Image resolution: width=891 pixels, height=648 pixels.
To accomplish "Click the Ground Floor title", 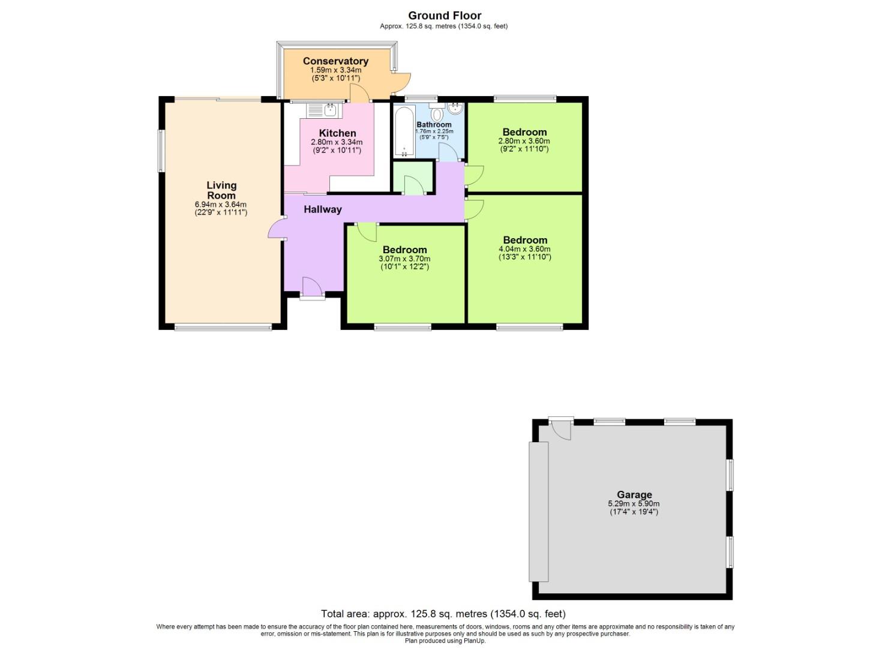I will pos(445,16).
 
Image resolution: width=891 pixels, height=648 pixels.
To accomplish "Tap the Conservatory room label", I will pos(335,61).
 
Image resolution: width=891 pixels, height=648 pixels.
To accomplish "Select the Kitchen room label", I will pos(337,133).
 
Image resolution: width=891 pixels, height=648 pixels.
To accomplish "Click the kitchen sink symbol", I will pos(323,110).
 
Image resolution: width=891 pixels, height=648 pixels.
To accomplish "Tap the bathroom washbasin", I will pos(455,109).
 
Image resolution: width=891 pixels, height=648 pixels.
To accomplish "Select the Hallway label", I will pos(322,209).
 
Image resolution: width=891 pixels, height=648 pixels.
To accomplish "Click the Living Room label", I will pos(221,190).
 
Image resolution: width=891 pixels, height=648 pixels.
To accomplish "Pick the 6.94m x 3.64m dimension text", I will pos(221,205).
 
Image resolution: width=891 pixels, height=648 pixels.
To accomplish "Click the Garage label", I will pos(634,495).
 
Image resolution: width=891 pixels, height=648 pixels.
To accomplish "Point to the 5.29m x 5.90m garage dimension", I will pos(634,504).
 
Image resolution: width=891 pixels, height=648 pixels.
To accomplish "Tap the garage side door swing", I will pos(561,429).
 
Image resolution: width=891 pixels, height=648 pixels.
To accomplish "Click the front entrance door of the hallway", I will pos(311,287).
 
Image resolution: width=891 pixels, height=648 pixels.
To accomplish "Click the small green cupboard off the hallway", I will pos(412,178).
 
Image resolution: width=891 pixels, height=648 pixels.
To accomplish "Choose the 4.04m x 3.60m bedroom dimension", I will pos(524,249).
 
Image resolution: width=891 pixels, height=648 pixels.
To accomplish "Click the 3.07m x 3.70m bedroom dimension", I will pos(404,259).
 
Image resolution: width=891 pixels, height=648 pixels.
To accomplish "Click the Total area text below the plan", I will pos(443,614).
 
